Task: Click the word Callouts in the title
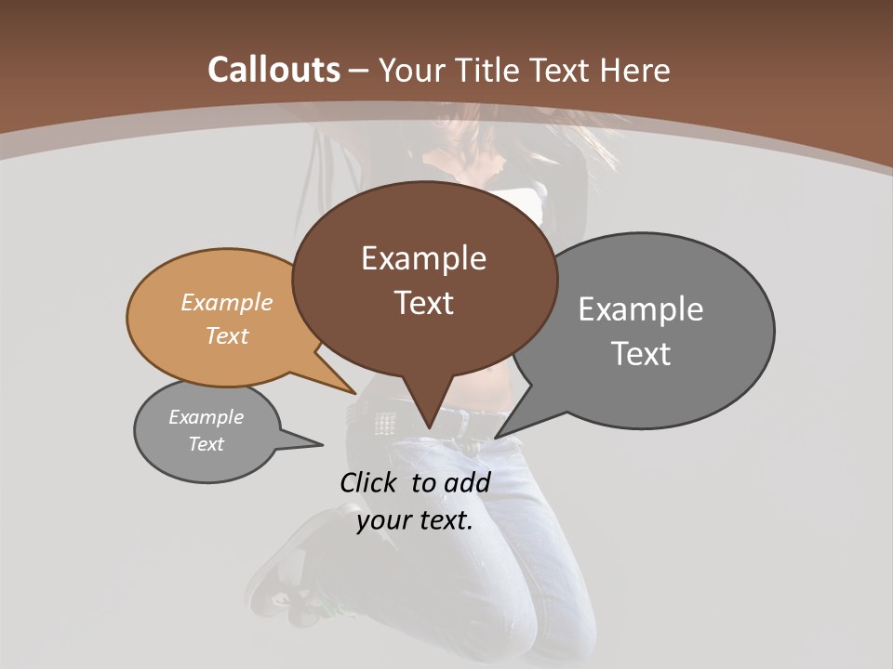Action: (x=273, y=70)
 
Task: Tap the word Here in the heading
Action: (x=635, y=70)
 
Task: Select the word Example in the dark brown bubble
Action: (x=423, y=258)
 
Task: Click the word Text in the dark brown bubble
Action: (x=423, y=303)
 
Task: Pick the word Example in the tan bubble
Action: (x=227, y=302)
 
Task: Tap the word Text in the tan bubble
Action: (x=227, y=335)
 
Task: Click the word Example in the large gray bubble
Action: (x=641, y=309)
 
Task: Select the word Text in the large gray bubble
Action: (x=641, y=354)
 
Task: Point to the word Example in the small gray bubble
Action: (x=207, y=417)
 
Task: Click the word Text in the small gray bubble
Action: (x=207, y=444)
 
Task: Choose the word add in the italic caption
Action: (x=467, y=482)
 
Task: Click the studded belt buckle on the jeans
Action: (x=382, y=423)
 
